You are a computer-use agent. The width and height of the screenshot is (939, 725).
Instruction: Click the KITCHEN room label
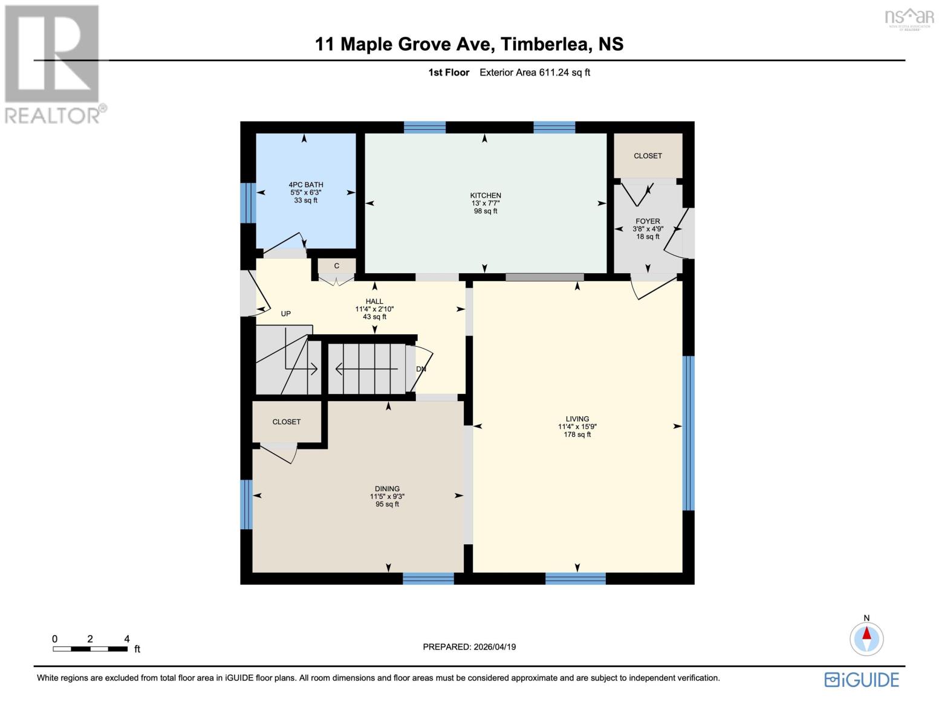click(486, 196)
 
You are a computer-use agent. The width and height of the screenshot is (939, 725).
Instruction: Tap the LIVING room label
click(577, 419)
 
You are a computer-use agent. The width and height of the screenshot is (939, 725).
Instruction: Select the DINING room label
click(387, 489)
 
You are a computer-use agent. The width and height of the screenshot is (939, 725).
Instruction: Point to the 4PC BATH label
click(306, 185)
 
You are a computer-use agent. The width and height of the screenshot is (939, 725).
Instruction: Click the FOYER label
click(648, 221)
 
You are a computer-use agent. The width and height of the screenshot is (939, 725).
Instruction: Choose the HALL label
click(374, 301)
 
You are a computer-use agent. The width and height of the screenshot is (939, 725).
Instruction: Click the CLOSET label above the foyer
click(648, 156)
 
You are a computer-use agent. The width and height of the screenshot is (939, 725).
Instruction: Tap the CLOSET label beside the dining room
click(287, 422)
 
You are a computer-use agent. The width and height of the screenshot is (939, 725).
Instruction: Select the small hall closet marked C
click(337, 266)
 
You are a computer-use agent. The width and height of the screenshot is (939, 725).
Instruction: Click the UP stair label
click(286, 314)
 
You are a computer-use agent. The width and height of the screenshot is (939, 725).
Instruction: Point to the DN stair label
click(421, 369)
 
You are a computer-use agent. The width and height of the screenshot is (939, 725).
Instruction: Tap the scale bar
click(90, 649)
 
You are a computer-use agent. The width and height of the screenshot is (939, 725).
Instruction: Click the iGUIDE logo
click(862, 680)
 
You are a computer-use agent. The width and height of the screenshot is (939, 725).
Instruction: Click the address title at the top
click(469, 44)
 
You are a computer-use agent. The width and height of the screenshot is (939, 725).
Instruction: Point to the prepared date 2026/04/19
click(469, 646)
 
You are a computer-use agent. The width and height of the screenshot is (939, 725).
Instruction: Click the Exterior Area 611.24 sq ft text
click(534, 72)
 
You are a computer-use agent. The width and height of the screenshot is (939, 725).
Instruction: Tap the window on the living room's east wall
click(688, 433)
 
